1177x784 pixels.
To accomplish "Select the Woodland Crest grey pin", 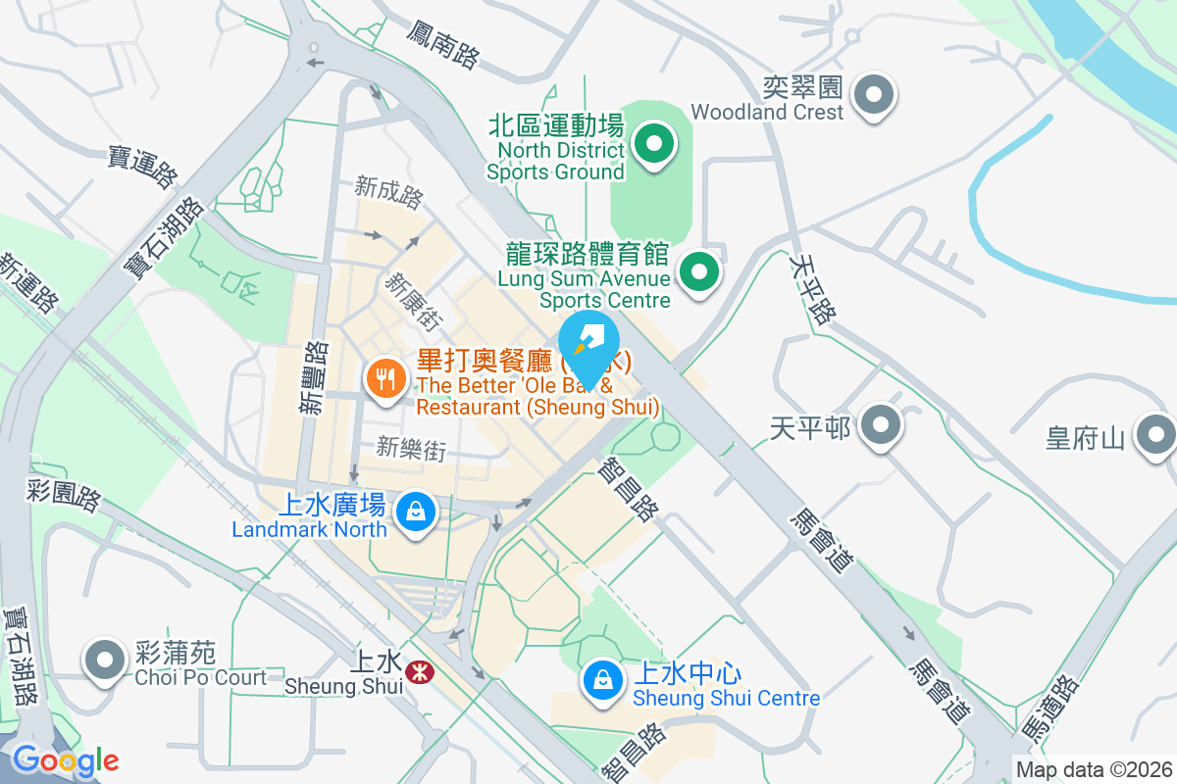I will (x=873, y=95).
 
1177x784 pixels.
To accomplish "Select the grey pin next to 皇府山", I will (x=1155, y=434).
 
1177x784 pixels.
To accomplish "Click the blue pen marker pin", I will (x=588, y=346).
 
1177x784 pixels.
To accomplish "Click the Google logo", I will (x=66, y=759).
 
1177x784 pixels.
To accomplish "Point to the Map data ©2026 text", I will (x=1094, y=769).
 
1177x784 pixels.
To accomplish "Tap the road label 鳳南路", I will (x=442, y=44).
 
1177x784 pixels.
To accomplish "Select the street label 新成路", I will (x=388, y=192).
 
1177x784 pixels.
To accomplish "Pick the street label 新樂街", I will (x=411, y=449).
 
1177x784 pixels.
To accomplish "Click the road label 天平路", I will (x=812, y=288).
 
